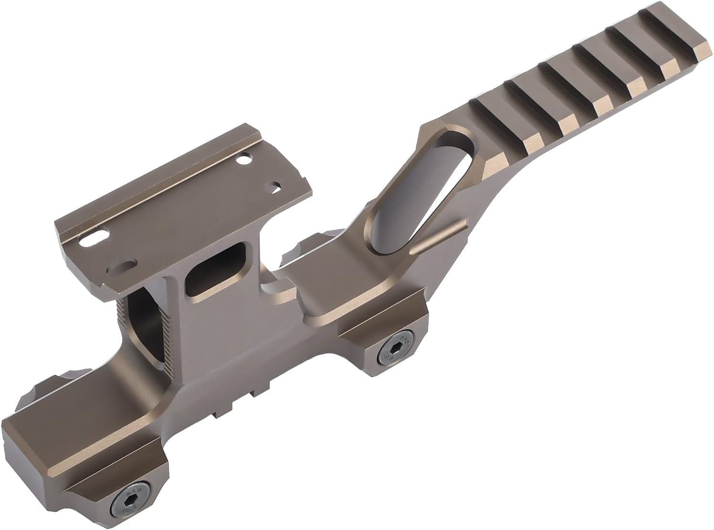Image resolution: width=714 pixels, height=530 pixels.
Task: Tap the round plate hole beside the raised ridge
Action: pyautogui.click(x=243, y=159)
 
